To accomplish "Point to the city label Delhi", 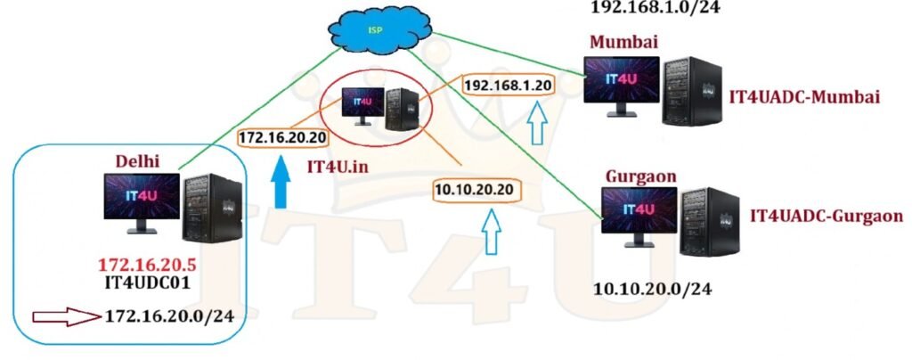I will tap(138, 160).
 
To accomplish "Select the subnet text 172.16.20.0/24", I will tap(175, 315).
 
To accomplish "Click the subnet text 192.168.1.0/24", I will tap(656, 7).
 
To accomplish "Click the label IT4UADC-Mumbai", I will tap(804, 96).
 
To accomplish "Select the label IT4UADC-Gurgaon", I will tap(827, 215).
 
